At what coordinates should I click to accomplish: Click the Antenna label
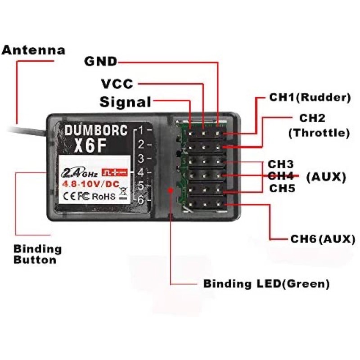[33, 50]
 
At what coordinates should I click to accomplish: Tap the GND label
[101, 61]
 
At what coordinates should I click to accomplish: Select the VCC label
[117, 84]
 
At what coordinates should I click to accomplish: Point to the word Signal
[126, 102]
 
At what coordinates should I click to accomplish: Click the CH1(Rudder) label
[310, 97]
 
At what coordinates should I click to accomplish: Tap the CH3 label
[281, 164]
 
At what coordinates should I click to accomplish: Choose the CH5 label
[282, 189]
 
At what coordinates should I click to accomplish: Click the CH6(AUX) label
[323, 239]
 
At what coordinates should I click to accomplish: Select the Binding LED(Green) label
[266, 284]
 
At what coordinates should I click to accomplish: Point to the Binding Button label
[38, 254]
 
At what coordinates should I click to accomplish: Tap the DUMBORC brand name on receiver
[96, 130]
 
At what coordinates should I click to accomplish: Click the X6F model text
[90, 146]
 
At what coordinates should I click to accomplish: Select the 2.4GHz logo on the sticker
[79, 173]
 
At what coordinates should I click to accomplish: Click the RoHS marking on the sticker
[104, 197]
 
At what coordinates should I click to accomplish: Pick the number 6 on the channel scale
[141, 200]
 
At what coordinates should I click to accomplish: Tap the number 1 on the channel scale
[141, 130]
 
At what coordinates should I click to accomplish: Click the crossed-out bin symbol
[123, 193]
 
